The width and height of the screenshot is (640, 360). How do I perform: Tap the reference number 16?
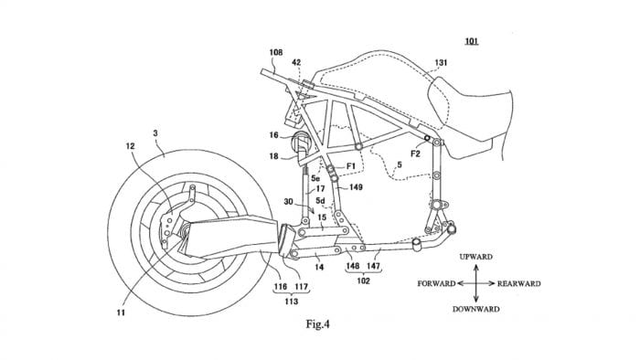click(274, 135)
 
